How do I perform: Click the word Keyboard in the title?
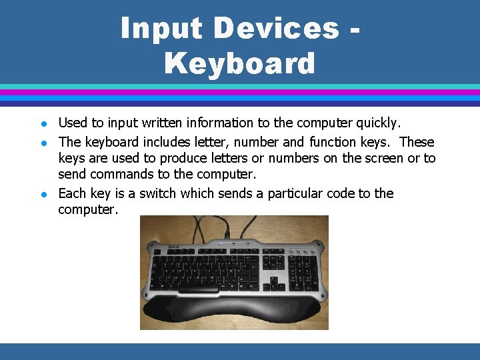point(239,64)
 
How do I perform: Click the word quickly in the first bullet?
point(378,123)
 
